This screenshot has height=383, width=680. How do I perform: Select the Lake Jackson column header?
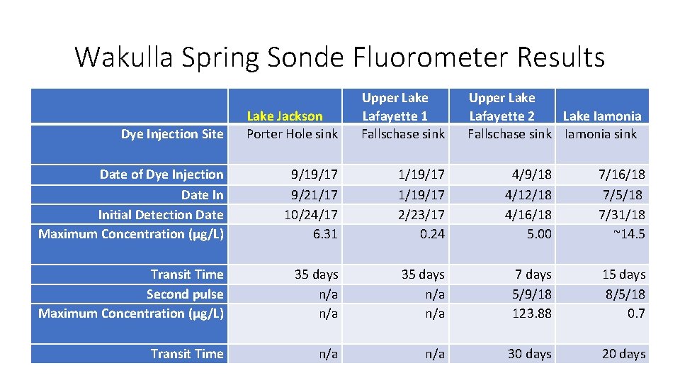(x=285, y=116)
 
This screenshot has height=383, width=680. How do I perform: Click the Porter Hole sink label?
(x=292, y=133)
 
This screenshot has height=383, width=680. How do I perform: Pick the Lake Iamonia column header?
(x=601, y=116)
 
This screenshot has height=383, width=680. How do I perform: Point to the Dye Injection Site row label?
(x=172, y=133)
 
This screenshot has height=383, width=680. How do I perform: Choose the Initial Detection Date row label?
(x=161, y=214)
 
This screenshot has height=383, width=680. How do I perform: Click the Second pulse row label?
(x=185, y=294)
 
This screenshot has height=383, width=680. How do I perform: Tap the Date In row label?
(x=202, y=194)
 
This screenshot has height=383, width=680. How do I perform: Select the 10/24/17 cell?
(x=311, y=214)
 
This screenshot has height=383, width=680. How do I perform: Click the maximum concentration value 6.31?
(x=325, y=233)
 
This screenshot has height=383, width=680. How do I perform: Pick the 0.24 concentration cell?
(x=432, y=233)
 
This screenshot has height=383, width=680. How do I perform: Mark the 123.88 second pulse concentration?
(x=532, y=313)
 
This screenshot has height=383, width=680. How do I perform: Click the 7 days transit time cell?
(x=533, y=274)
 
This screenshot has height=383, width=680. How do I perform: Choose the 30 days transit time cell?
(x=529, y=353)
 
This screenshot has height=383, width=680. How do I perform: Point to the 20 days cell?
(x=623, y=353)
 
